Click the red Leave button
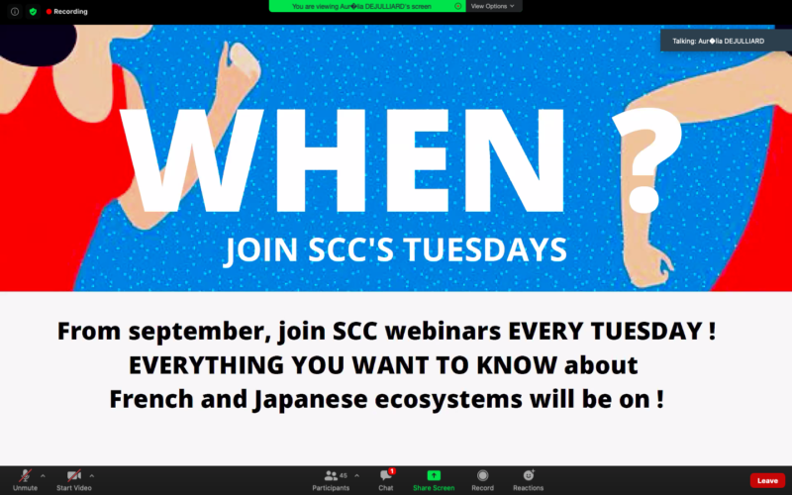(x=767, y=480)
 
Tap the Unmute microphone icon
(x=25, y=475)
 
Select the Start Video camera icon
(x=73, y=475)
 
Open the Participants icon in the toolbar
(x=331, y=475)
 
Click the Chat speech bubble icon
(x=385, y=475)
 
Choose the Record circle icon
(x=483, y=475)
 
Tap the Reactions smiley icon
(x=529, y=475)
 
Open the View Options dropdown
(x=492, y=6)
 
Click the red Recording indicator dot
(x=49, y=11)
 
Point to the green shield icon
(x=33, y=11)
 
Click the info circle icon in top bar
(x=15, y=11)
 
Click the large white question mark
(x=647, y=159)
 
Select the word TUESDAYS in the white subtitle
(x=485, y=249)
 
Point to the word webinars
(x=443, y=332)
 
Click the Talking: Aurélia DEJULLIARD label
(x=719, y=41)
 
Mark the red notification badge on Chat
(x=392, y=471)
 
